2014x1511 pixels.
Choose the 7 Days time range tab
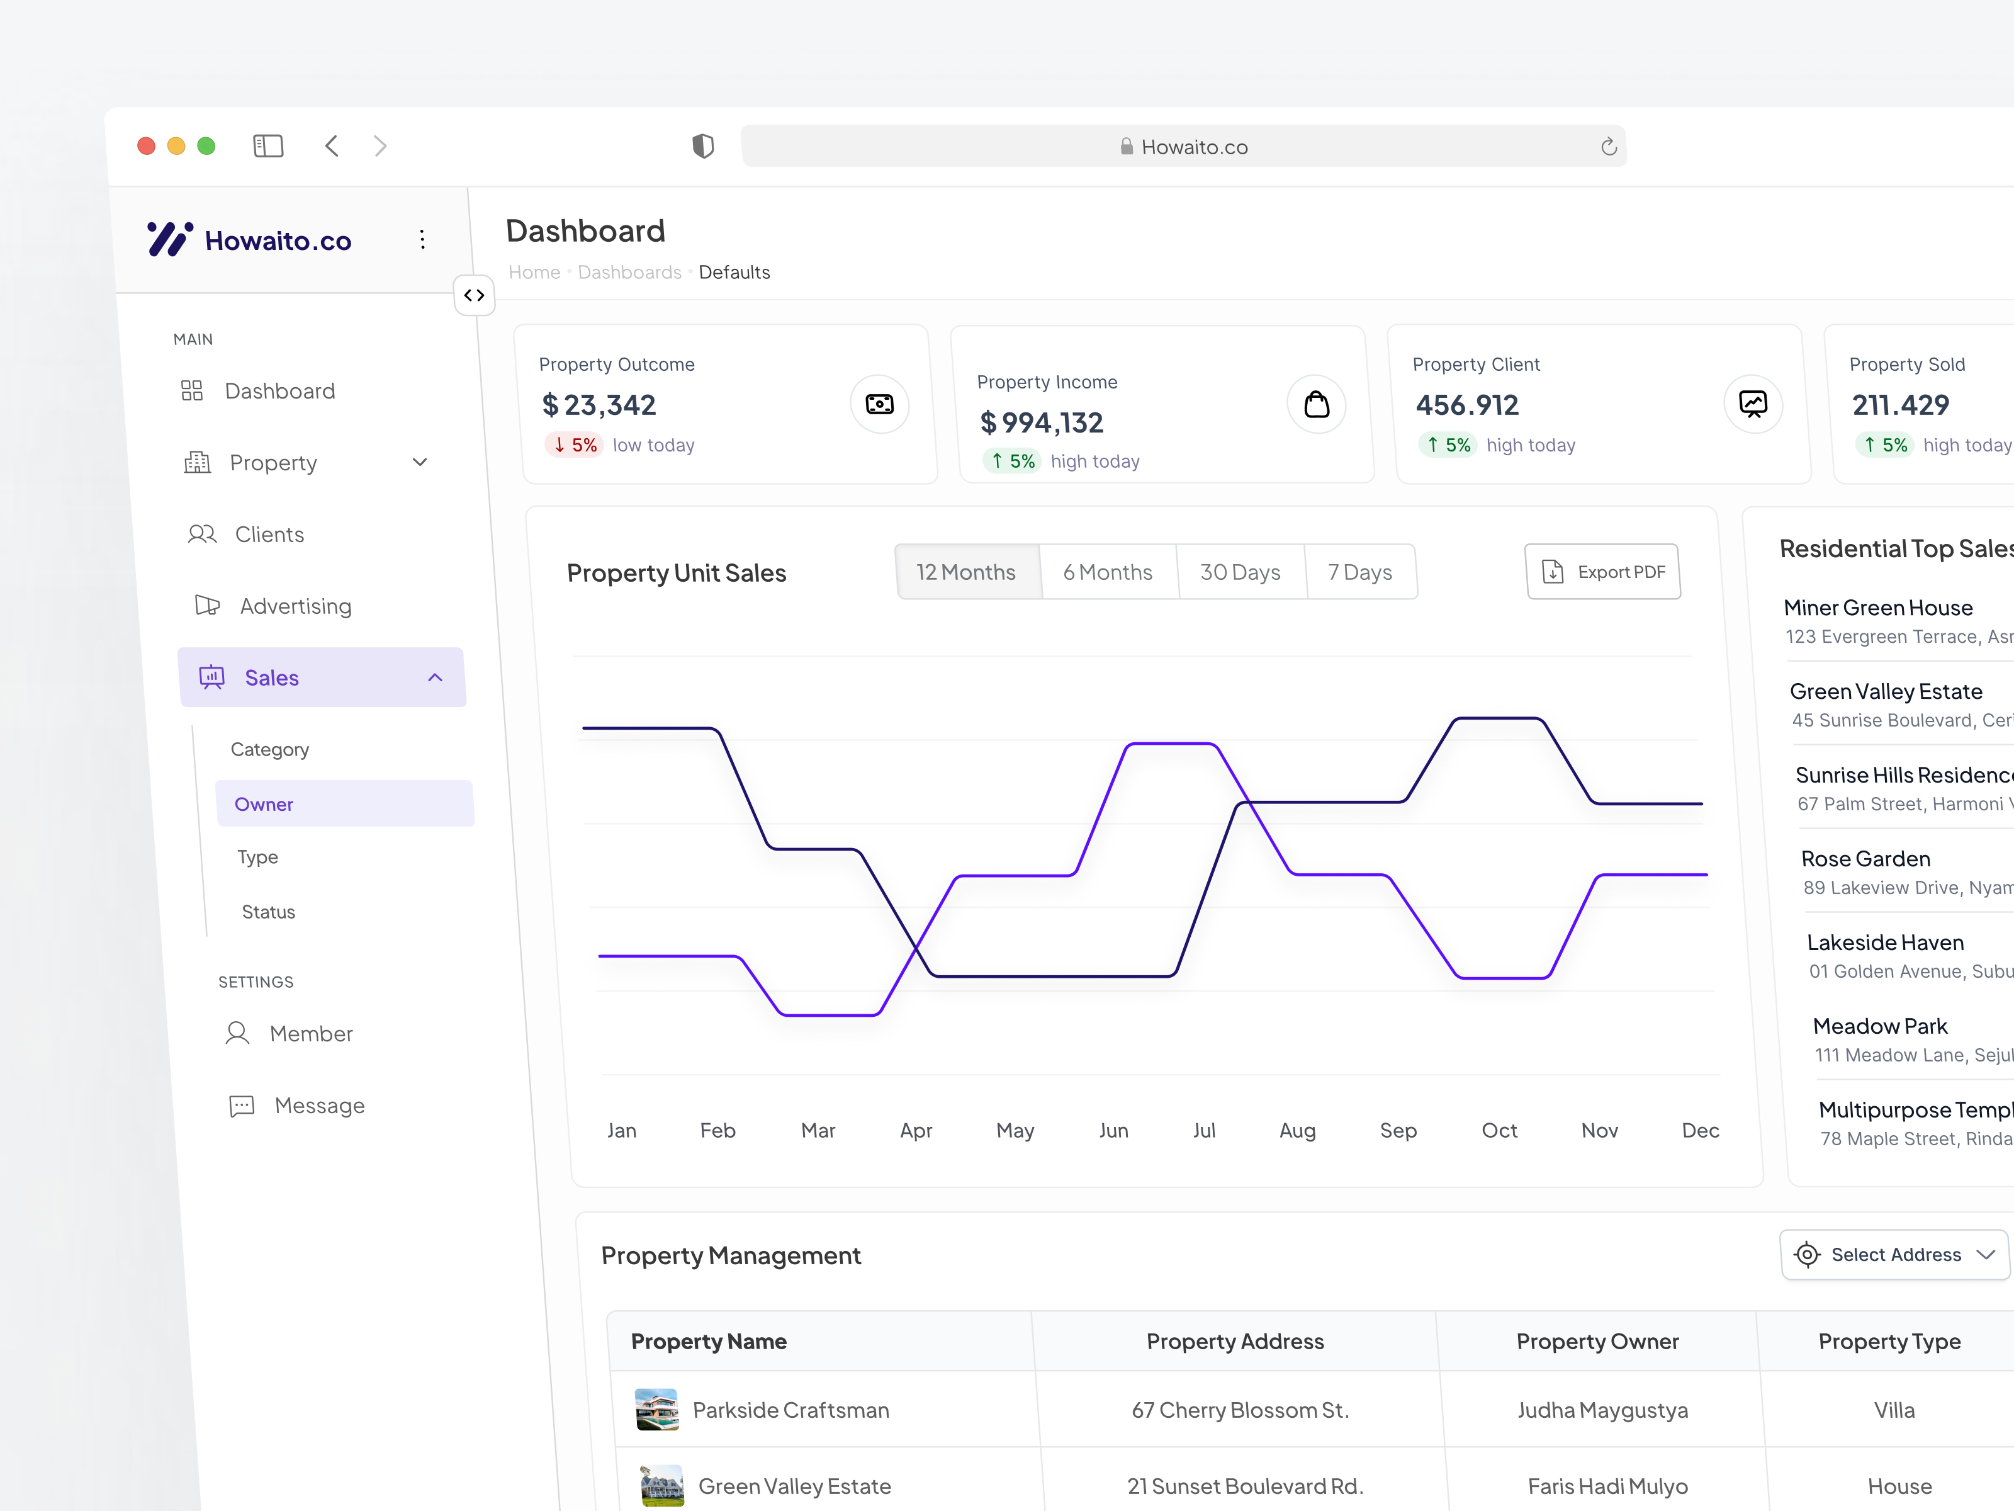coord(1359,572)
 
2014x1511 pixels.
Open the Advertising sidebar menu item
coord(295,606)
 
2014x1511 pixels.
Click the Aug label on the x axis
coord(1297,1130)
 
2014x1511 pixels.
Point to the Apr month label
coord(915,1130)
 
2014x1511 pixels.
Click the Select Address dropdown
coord(1894,1255)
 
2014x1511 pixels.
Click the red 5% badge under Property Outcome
coord(575,445)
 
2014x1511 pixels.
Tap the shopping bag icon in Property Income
coord(1317,404)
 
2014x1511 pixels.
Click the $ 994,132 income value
coord(1042,422)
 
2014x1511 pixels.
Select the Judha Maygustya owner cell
coord(1602,1410)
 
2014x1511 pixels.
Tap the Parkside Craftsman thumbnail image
coord(656,1409)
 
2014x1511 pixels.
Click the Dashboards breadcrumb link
coord(629,273)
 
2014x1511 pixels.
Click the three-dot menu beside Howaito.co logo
coord(422,239)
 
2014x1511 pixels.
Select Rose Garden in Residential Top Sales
coord(1865,859)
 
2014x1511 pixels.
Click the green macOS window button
coord(206,145)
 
